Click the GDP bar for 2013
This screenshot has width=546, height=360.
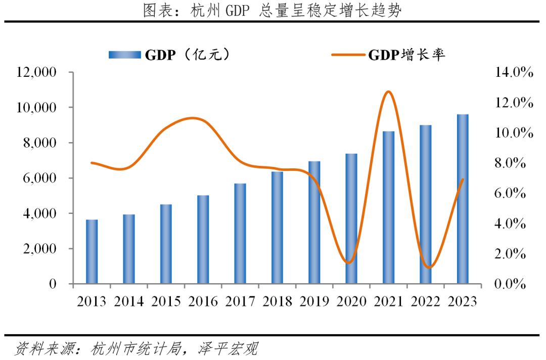coord(92,251)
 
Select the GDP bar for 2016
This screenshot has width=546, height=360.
coord(203,239)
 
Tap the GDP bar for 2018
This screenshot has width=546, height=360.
coord(277,228)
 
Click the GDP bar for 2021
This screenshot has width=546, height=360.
coord(388,207)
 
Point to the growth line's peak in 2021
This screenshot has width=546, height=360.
coord(388,92)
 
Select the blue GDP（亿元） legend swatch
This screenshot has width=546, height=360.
coord(124,55)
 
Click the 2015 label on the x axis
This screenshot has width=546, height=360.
coord(166,301)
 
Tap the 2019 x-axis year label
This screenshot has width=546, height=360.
coord(314,301)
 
